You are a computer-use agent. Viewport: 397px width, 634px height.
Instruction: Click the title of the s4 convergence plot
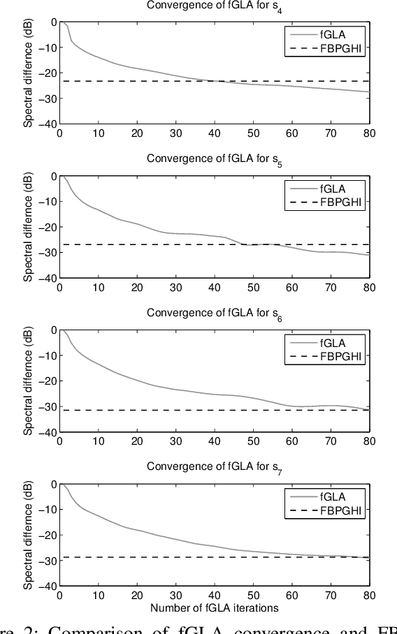[x=215, y=6]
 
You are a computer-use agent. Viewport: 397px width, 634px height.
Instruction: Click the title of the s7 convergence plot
[x=215, y=467]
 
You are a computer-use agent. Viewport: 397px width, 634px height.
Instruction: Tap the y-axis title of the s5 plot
[x=29, y=227]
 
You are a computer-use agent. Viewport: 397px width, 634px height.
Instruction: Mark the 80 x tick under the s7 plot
[x=369, y=596]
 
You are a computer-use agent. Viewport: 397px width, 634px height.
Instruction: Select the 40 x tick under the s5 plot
[x=215, y=288]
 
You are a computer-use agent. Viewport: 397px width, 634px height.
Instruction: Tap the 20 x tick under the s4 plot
[x=137, y=134]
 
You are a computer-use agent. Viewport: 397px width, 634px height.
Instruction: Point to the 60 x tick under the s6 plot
[x=291, y=442]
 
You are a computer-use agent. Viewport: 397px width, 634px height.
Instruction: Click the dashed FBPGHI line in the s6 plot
[x=175, y=410]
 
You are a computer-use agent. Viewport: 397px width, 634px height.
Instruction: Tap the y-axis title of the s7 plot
[x=29, y=535]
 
